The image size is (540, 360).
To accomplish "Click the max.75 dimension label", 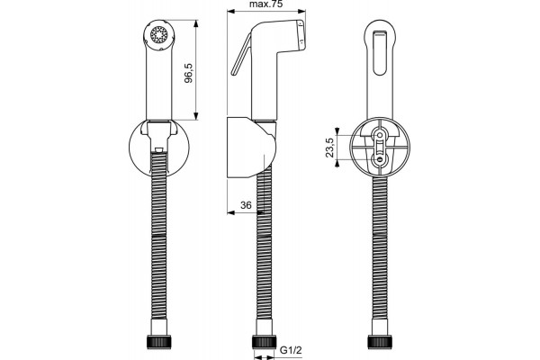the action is [265, 4].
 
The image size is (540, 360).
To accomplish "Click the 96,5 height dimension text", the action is [188, 73].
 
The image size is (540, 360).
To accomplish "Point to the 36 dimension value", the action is [246, 205].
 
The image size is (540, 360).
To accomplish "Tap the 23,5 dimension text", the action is [329, 148].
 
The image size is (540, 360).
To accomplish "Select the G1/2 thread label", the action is [291, 350].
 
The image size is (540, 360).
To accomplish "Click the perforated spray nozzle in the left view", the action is [159, 34].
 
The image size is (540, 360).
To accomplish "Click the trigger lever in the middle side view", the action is [241, 55].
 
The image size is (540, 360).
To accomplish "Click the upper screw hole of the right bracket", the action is [380, 134].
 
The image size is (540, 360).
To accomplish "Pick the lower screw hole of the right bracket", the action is [380, 159].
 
